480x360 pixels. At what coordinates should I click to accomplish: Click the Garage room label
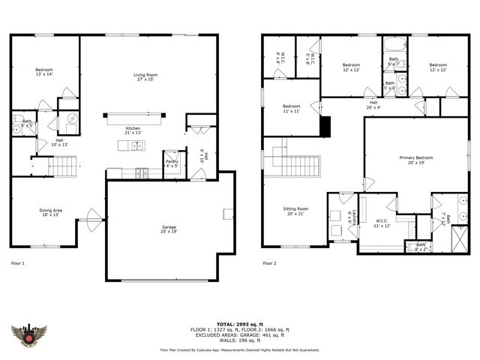pyautogui.click(x=168, y=228)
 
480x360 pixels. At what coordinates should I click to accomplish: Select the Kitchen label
pyautogui.click(x=133, y=130)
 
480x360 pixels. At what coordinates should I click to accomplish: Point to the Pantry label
pyautogui.click(x=172, y=163)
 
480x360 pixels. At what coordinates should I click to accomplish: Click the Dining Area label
pyautogui.click(x=51, y=212)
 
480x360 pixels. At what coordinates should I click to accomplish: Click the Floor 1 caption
pyautogui.click(x=18, y=263)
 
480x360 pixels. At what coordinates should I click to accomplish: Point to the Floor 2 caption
pyautogui.click(x=269, y=263)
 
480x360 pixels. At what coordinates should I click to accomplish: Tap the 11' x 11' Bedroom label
pyautogui.click(x=291, y=109)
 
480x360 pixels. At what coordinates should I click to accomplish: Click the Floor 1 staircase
pyautogui.click(x=64, y=164)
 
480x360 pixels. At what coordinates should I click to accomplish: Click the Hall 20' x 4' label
pyautogui.click(x=373, y=104)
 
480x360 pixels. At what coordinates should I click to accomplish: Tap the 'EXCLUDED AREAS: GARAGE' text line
pyautogui.click(x=240, y=334)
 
